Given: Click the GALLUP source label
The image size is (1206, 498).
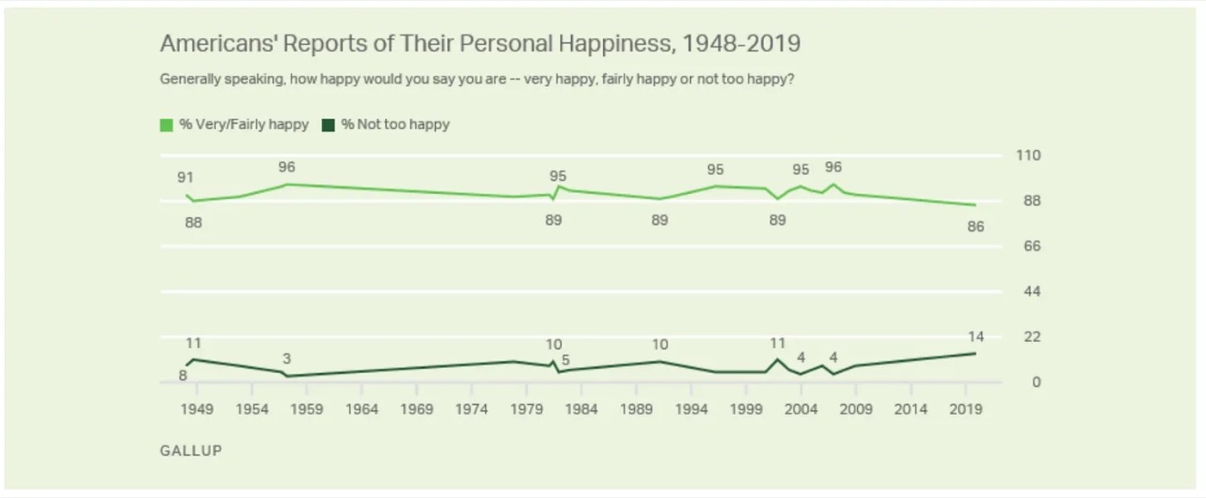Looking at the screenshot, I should (x=190, y=451).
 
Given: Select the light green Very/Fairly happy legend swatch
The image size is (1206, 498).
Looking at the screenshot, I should (x=166, y=125).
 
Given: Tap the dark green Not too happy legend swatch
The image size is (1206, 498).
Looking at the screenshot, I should (x=328, y=125).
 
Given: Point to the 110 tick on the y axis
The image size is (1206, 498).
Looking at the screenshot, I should (x=1029, y=156).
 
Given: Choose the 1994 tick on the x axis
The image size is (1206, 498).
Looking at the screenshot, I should (x=692, y=409).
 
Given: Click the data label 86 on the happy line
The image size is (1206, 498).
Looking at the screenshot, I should (x=975, y=227).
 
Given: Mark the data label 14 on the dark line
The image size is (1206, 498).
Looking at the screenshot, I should (x=975, y=337).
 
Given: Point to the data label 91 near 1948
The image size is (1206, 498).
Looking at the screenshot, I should (x=185, y=178).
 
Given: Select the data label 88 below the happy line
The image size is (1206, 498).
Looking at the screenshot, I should (x=193, y=222).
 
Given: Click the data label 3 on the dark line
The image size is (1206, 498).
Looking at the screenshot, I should (x=287, y=359).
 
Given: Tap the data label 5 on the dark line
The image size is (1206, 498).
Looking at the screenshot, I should (x=566, y=360).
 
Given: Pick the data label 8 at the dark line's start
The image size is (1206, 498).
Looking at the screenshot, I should (x=183, y=376).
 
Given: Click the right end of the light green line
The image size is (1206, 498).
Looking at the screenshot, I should (x=975, y=205).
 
